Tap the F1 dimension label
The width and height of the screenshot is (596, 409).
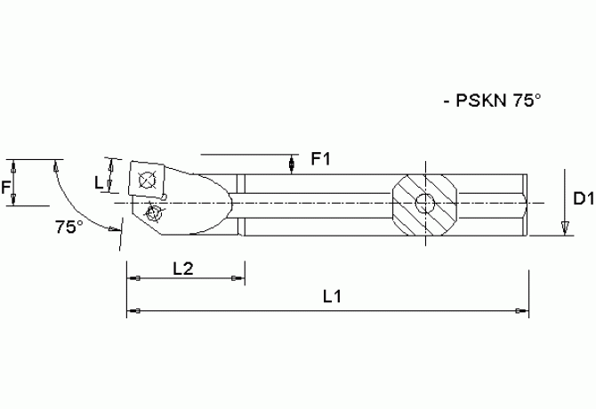(x=320, y=160)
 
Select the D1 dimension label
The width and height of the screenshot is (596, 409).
(x=583, y=200)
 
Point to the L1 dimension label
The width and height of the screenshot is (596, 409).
(x=332, y=296)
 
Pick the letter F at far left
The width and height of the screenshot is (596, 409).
(x=6, y=187)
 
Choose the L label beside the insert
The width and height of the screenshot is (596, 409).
(x=99, y=182)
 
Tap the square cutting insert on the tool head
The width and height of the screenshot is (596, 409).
(x=146, y=179)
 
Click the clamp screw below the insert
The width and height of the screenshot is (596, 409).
(x=156, y=213)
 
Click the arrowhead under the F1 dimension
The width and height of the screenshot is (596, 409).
(x=294, y=166)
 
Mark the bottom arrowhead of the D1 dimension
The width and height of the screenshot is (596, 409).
(x=564, y=230)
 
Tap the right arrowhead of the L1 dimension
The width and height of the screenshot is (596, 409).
(x=523, y=311)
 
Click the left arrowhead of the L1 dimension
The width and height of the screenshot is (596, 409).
(x=133, y=311)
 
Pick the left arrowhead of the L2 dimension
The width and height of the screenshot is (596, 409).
(x=133, y=280)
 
